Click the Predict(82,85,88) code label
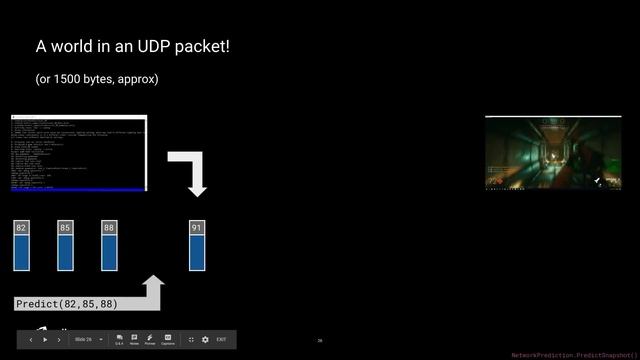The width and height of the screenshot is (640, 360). [67, 304]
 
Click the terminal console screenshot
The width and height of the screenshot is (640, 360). [79, 153]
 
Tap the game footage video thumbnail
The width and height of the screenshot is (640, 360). [553, 153]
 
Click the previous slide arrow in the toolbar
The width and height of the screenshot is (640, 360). [30, 340]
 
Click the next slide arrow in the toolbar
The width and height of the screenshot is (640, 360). [59, 340]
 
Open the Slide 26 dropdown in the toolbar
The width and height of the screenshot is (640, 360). [89, 340]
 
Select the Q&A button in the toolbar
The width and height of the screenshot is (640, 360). [119, 340]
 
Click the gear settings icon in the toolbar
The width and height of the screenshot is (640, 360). [205, 340]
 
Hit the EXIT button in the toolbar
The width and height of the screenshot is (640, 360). [221, 340]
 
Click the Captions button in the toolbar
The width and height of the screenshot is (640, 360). [168, 340]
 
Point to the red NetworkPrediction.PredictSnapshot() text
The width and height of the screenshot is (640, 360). [573, 355]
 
